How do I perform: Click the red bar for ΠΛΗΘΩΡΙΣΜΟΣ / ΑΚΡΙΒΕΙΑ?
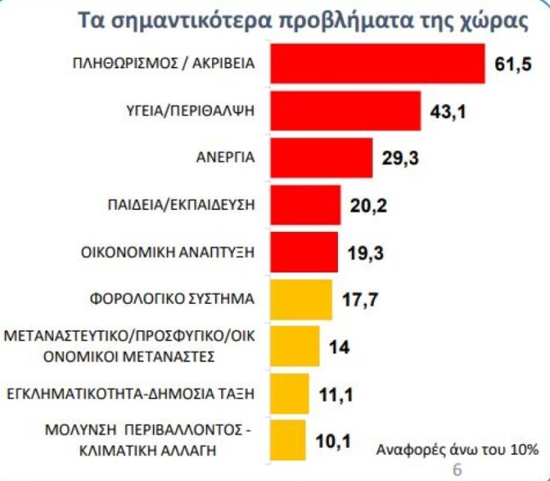377,64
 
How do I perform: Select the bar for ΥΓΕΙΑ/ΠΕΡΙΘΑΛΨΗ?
345,111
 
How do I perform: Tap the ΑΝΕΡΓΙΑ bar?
321,158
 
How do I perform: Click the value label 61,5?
513,65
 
